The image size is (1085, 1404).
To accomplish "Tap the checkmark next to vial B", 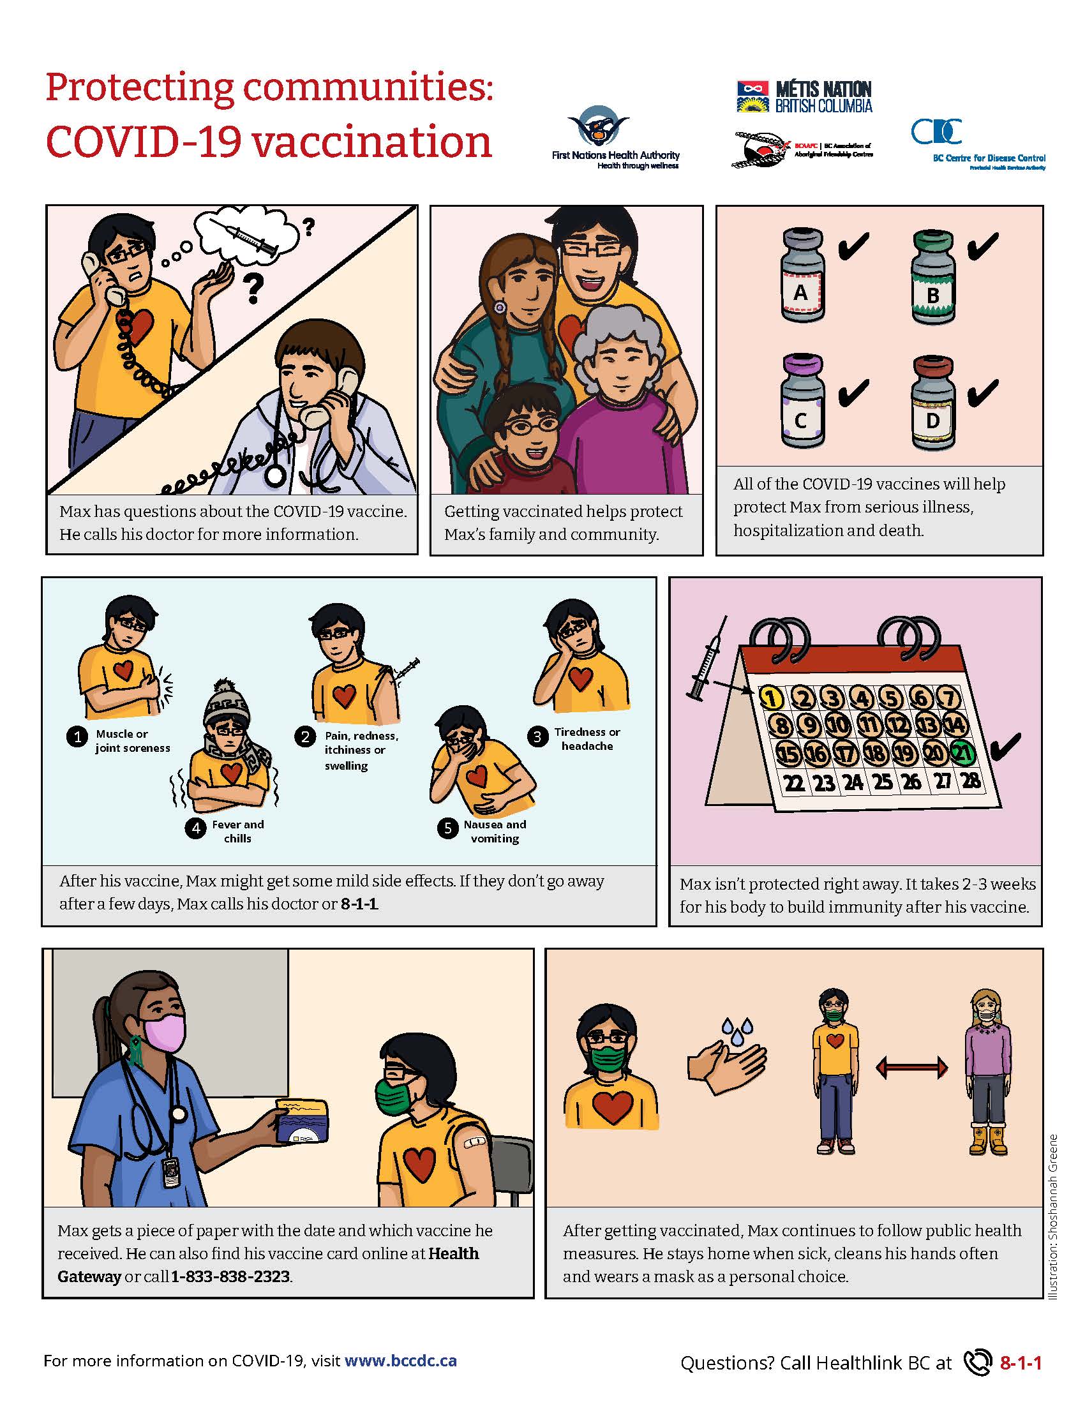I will point(982,247).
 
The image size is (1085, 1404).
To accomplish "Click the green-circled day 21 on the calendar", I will point(963,752).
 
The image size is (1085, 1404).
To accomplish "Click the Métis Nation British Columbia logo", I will point(804,97).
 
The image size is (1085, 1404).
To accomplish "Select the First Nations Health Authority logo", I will point(615,138).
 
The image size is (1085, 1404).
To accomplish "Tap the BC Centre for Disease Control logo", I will point(977,144).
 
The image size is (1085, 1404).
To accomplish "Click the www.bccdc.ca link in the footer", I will point(400,1361).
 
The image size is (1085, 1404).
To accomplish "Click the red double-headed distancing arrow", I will point(911,1068).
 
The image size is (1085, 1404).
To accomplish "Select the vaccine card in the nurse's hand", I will point(301,1122).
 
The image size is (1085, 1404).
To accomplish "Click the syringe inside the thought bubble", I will point(244,237).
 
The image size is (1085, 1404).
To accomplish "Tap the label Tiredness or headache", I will point(587,738).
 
